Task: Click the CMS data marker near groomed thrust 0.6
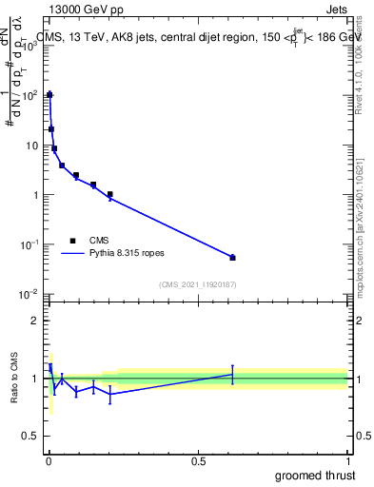tap(232, 258)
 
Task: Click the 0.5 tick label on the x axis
tap(198, 460)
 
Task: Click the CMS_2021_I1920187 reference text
tap(197, 284)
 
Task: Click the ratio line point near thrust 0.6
tap(232, 375)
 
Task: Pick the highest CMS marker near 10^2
tap(49, 95)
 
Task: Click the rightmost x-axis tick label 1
tap(347, 460)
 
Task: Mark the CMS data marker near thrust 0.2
tap(110, 194)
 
